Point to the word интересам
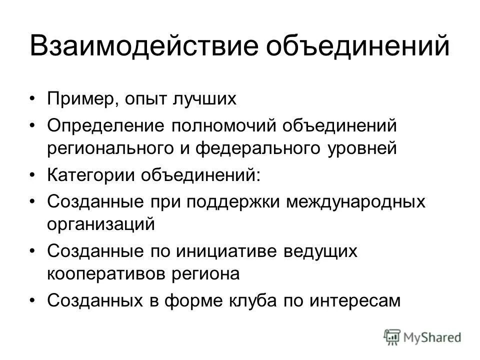pos(352,300)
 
